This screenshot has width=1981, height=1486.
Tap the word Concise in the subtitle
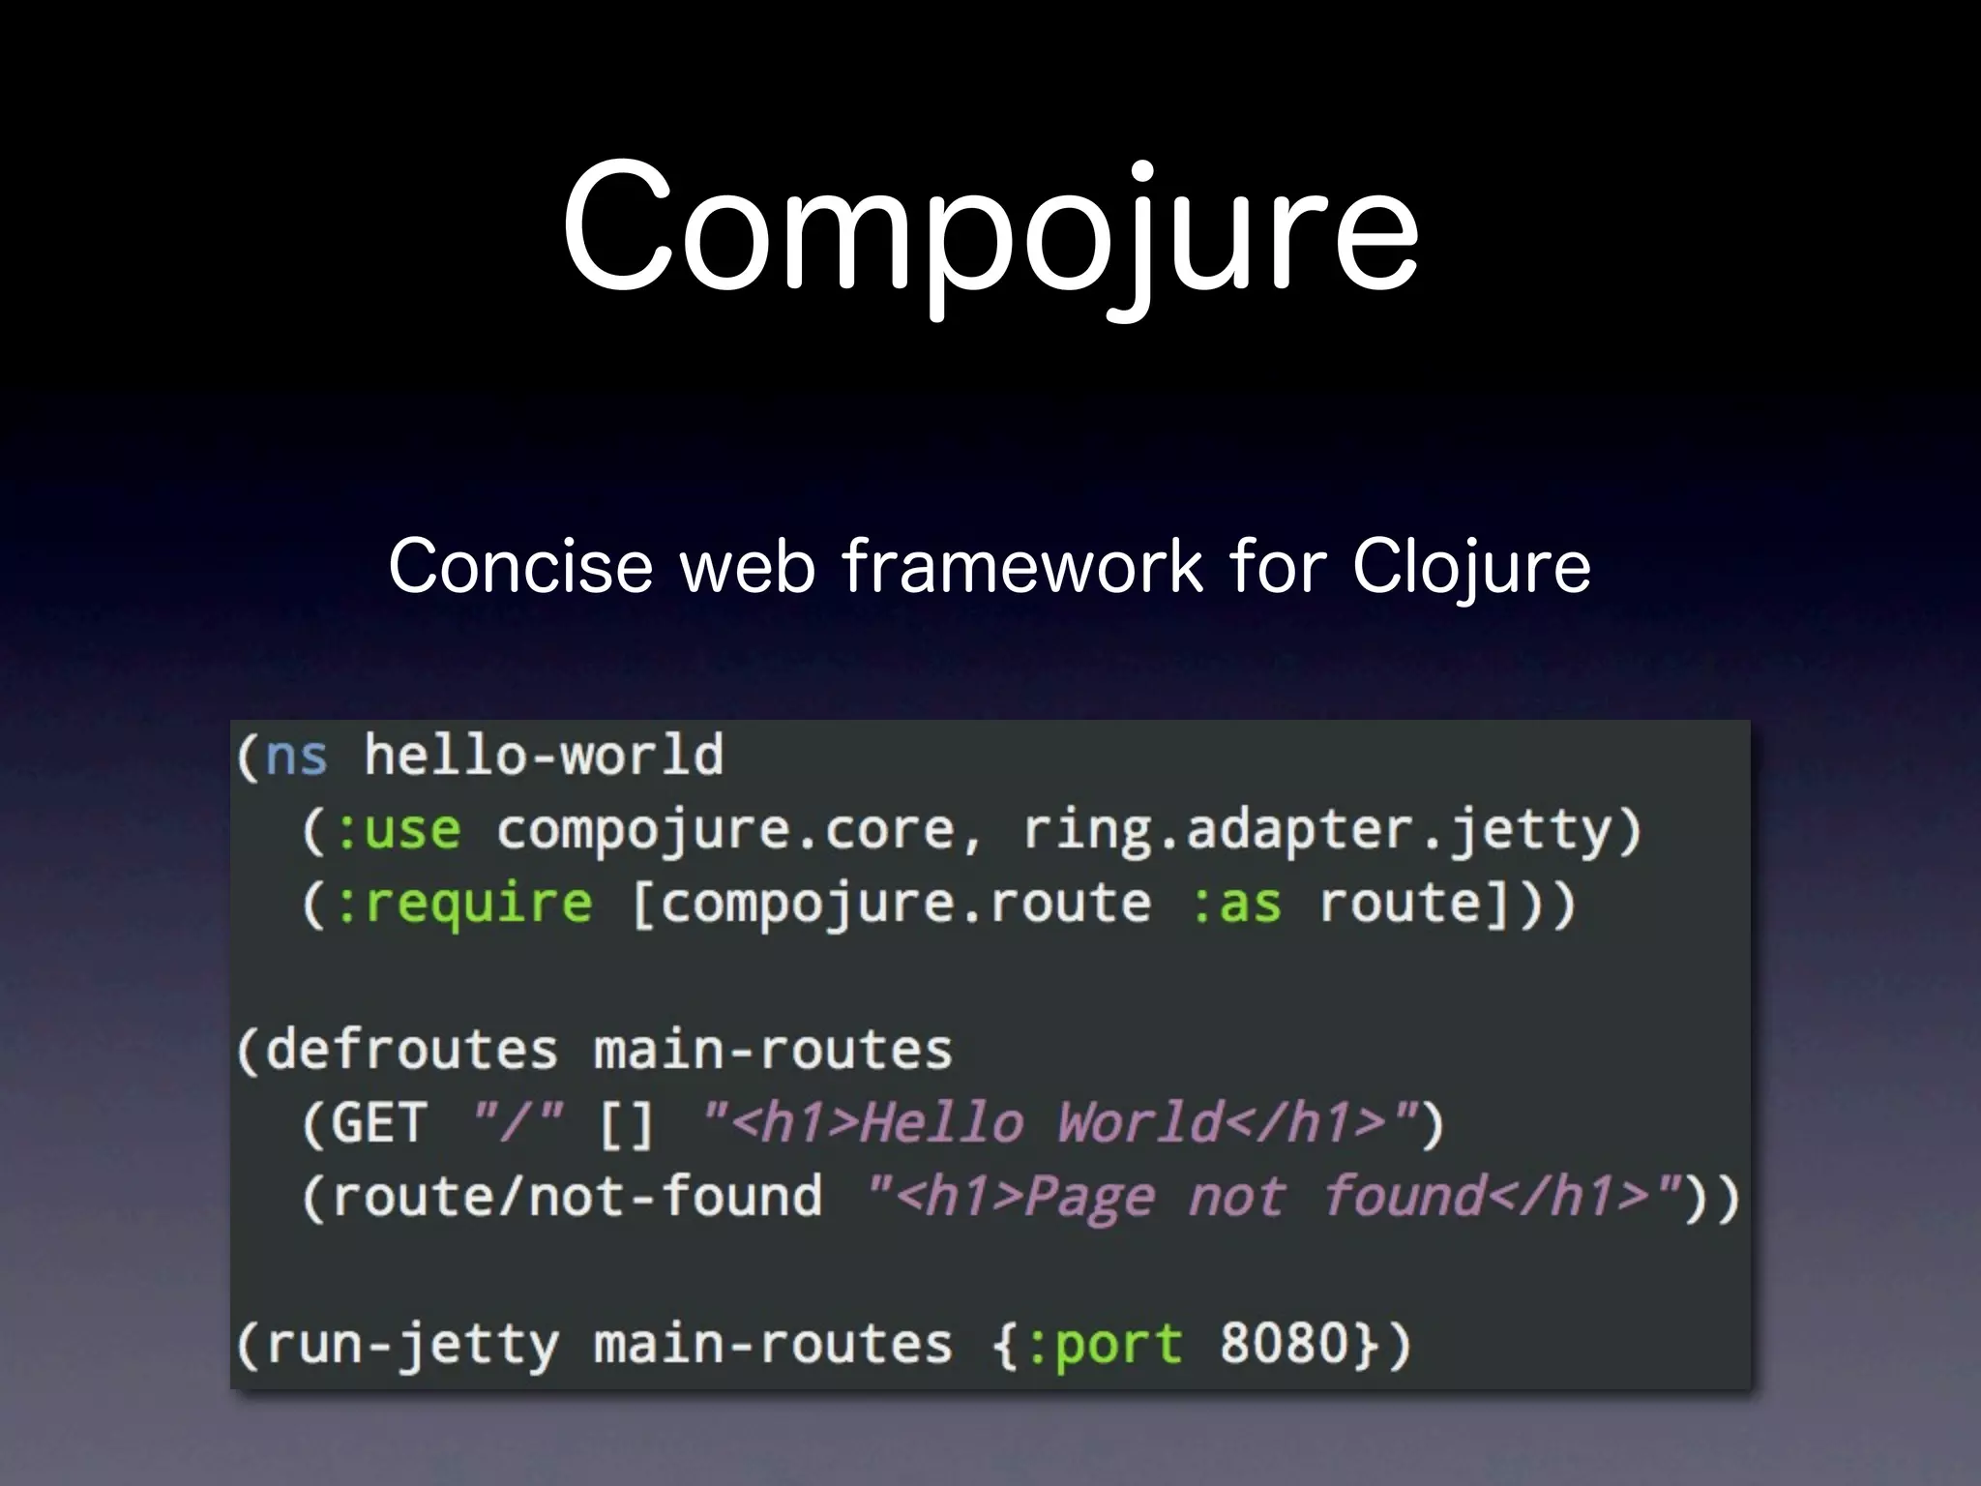tap(520, 566)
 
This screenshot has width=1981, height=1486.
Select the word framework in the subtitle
tap(1021, 566)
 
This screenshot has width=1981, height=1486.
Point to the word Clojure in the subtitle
tap(1470, 568)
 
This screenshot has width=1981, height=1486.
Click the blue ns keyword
tap(296, 757)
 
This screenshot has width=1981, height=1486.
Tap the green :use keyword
tap(397, 830)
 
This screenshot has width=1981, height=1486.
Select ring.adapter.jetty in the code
tap(1317, 830)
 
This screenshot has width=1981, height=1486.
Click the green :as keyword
tap(1236, 904)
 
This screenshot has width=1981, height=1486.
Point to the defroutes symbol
tap(412, 1051)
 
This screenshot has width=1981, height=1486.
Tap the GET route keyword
tap(379, 1124)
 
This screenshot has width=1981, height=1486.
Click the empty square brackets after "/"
tap(627, 1124)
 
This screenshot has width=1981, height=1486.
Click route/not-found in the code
tap(577, 1198)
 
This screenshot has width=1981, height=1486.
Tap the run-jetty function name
tap(412, 1345)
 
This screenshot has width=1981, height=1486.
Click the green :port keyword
tap(1103, 1345)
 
